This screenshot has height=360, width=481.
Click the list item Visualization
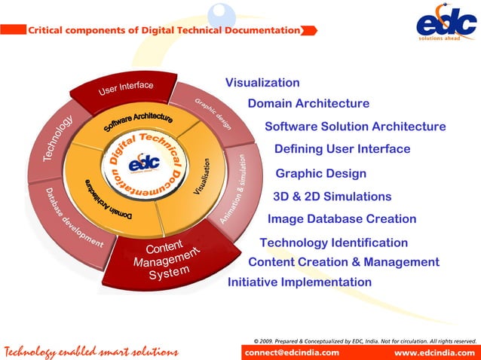[262, 83]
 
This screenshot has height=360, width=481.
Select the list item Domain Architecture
[308, 103]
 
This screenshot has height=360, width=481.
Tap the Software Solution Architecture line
[355, 126]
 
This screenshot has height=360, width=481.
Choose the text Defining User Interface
[342, 149]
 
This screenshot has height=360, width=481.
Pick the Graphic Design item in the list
[321, 174]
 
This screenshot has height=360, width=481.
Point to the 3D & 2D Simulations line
[332, 197]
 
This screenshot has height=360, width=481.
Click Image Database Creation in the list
[342, 219]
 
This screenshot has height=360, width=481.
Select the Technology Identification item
[333, 243]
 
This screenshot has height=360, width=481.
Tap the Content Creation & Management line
[343, 262]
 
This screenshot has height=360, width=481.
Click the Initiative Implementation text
[299, 282]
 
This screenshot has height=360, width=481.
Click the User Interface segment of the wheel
[126, 89]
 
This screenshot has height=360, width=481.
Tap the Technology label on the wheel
[57, 139]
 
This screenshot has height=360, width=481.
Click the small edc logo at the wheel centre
[144, 164]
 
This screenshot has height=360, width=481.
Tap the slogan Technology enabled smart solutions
[90, 352]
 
